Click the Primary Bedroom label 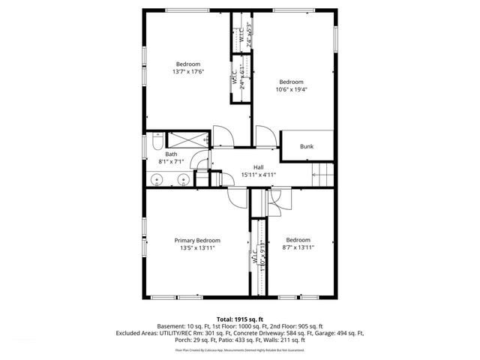(196, 240)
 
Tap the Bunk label (307, 147)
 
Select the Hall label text (258, 167)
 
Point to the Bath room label (171, 154)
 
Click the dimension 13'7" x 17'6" (188, 72)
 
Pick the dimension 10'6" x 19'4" (291, 90)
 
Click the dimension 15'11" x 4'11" (258, 175)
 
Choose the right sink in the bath (183, 179)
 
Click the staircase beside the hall (321, 174)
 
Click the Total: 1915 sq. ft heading (239, 319)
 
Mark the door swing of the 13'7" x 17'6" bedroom (223, 137)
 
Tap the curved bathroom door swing (200, 160)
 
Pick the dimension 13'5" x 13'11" (196, 248)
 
